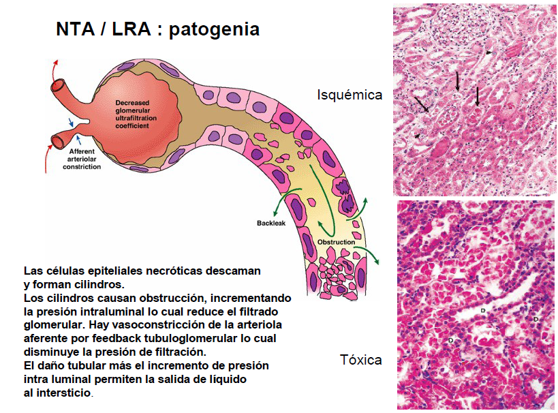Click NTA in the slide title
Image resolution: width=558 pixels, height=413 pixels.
pyautogui.click(x=74, y=30)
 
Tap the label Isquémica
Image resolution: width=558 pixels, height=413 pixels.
pyautogui.click(x=350, y=95)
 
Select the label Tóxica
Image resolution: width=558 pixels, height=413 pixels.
pyautogui.click(x=360, y=359)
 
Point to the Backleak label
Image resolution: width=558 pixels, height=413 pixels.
pyautogui.click(x=270, y=223)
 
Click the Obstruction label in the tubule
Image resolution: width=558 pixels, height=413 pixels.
pyautogui.click(x=336, y=242)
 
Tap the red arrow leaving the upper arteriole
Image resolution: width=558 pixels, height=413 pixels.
pyautogui.click(x=55, y=68)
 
